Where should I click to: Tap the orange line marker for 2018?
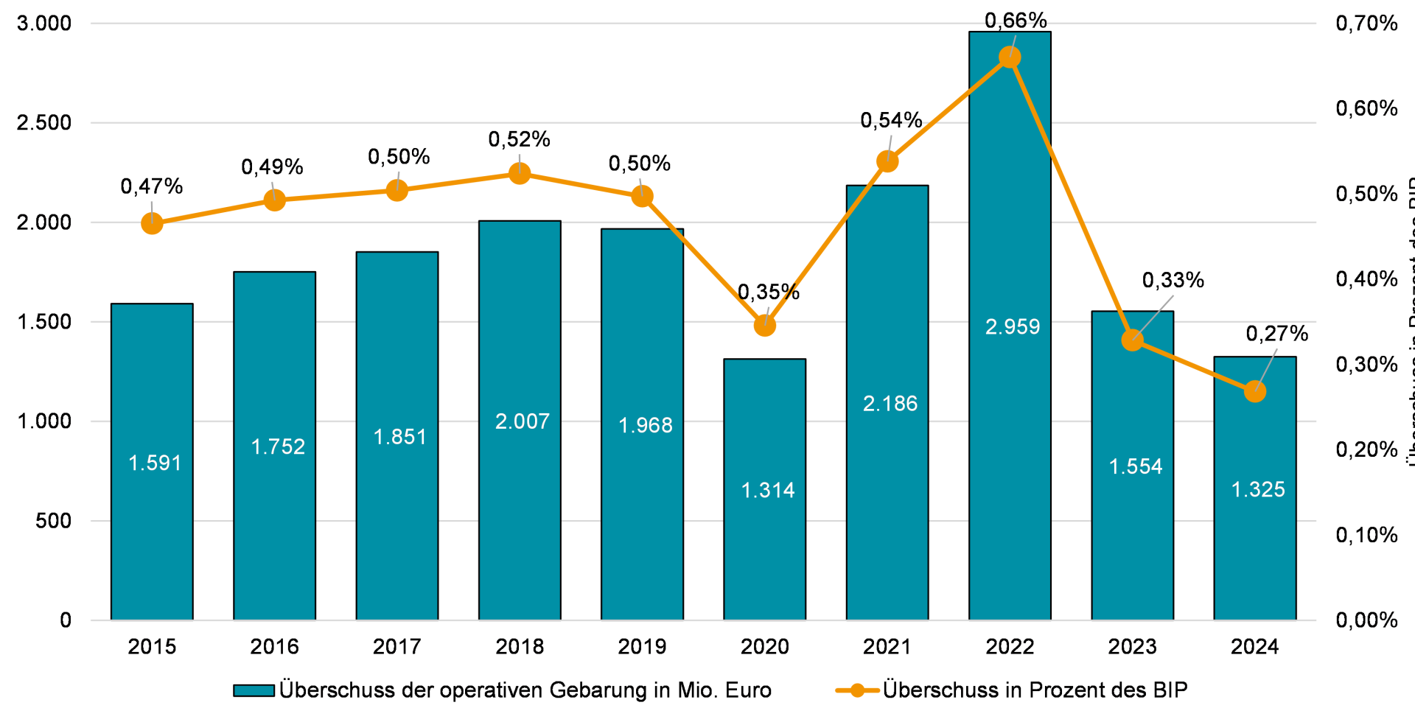[520, 174]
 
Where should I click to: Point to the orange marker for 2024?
[1255, 391]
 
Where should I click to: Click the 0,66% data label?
[1016, 21]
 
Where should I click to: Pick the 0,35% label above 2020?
[769, 292]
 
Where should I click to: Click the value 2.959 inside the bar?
[1013, 326]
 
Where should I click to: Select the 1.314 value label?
[768, 490]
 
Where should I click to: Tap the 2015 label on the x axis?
[152, 647]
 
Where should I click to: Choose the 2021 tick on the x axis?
[887, 647]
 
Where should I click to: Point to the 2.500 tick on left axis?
[44, 122]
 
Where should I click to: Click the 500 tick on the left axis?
[53, 521]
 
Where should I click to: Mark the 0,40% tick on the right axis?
[1366, 279]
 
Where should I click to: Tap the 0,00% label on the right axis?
[1366, 620]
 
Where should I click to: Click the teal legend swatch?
[254, 690]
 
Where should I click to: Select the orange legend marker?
[857, 690]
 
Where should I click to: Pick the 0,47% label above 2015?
[152, 186]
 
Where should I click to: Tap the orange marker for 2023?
[1133, 340]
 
